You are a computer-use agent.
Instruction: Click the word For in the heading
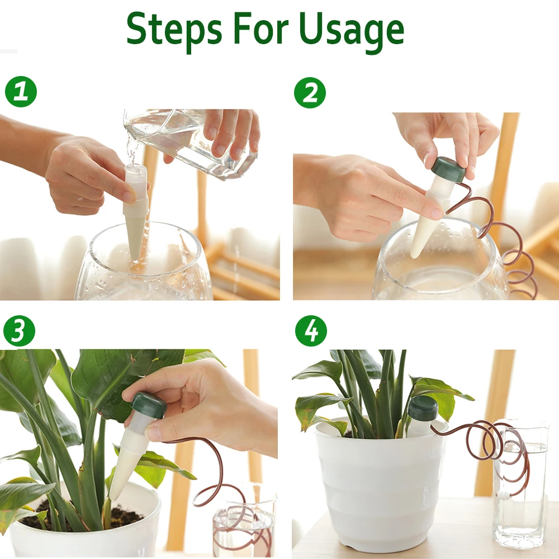[261, 28]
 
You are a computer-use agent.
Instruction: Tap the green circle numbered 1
[21, 91]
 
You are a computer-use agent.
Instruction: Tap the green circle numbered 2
[310, 93]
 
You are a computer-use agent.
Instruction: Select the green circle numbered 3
[19, 330]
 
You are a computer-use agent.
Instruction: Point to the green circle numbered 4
[311, 331]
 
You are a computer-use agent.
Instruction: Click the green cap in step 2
[449, 169]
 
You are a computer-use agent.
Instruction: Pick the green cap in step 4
[423, 408]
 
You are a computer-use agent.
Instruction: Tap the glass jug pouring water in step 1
[191, 143]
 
